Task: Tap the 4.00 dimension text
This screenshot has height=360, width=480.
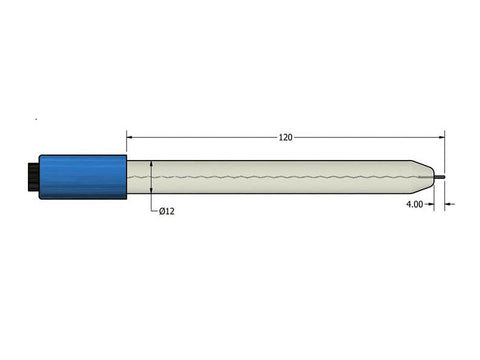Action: coord(416,204)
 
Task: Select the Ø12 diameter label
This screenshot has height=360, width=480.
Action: coord(167,210)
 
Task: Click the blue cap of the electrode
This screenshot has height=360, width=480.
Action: coord(83,176)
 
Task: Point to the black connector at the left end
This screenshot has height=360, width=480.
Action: coord(32,176)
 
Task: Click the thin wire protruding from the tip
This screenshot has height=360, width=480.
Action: coord(439,177)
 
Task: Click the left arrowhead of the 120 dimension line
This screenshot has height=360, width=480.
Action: coord(131,137)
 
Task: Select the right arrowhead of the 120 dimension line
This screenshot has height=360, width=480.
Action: coord(440,137)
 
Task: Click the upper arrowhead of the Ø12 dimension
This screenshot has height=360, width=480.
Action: coord(150,162)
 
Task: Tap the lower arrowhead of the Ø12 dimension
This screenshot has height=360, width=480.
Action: coord(150,193)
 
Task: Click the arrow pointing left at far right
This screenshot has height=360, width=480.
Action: coord(450,204)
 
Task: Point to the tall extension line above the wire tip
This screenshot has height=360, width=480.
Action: coord(445,150)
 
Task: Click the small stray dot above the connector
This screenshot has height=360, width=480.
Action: coord(37,120)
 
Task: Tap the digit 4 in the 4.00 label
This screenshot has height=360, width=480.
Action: coord(408,204)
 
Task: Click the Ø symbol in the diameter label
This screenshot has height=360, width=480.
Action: coord(162,210)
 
